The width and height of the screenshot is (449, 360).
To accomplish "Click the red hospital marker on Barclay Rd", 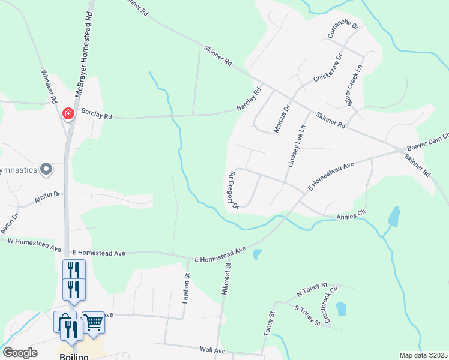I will coord(68,113).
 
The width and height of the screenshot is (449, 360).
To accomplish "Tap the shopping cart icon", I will coord(93,323).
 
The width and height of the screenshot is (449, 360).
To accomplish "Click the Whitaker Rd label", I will coord(49,86).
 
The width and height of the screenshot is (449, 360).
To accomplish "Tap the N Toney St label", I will coord(312,289).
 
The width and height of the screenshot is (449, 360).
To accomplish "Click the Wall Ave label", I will coord(212,350).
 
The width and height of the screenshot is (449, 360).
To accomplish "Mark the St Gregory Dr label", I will coord(234,190).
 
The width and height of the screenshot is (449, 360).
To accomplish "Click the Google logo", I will coord(20,353).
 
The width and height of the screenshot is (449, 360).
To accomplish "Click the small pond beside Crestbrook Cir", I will coord(341,309).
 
